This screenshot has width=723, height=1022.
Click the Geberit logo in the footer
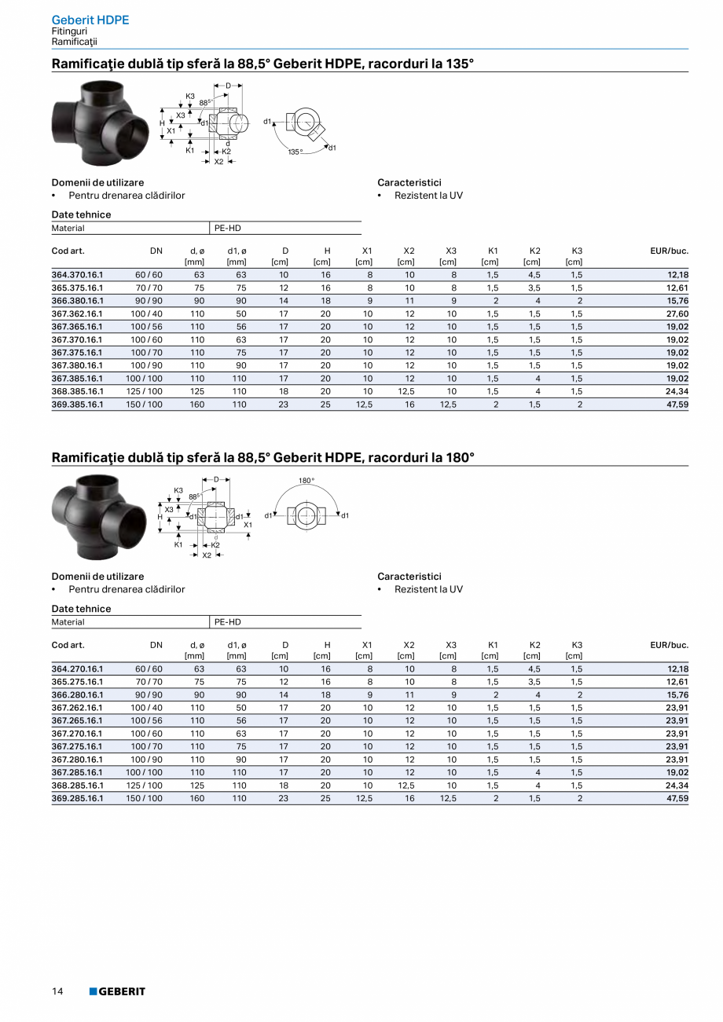(x=117, y=991)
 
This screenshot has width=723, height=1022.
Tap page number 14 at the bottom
(x=57, y=991)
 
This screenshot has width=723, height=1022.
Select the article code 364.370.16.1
(x=77, y=275)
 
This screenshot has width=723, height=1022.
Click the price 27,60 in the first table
(x=677, y=313)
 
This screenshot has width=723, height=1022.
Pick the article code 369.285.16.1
(x=77, y=798)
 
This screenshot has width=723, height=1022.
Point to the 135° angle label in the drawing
(x=295, y=152)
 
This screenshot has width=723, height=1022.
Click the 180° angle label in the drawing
(x=306, y=479)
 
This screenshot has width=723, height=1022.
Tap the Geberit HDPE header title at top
(x=90, y=20)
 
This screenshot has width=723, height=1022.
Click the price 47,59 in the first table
(x=677, y=404)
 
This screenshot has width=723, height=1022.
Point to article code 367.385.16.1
(x=77, y=378)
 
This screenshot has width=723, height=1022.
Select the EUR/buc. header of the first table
(x=669, y=251)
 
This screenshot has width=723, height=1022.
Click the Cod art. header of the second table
(x=68, y=645)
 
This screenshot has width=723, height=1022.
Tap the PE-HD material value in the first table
(x=227, y=228)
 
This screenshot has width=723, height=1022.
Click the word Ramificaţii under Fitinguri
(x=74, y=41)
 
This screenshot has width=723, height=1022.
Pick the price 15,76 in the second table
(x=677, y=695)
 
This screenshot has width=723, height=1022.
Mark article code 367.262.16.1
(x=77, y=708)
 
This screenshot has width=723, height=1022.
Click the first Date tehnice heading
(x=82, y=214)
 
